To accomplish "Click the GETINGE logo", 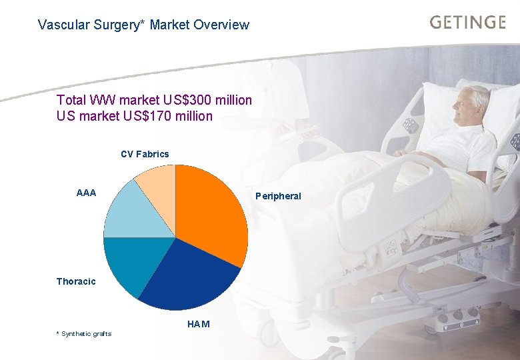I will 467,22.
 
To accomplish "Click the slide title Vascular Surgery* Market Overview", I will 143,25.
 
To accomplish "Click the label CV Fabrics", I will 145,154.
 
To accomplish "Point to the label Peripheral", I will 278,196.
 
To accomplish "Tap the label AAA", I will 86,193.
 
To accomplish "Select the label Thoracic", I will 76,281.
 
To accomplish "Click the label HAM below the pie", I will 199,324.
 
